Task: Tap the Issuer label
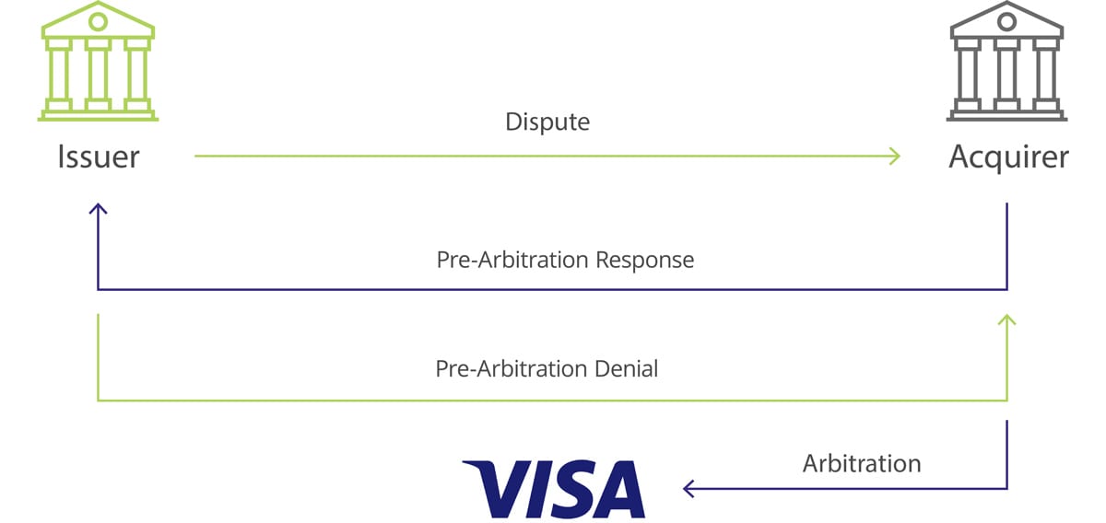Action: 99,157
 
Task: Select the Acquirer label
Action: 1008,157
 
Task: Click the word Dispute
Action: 547,122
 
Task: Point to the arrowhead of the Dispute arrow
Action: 899,156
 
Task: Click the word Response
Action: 644,261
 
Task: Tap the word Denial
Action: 626,368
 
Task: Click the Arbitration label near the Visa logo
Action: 862,464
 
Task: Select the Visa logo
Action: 554,489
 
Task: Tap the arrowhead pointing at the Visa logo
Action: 686,488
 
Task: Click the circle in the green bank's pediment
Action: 98,21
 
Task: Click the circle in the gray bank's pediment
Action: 1006,21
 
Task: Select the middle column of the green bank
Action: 98,75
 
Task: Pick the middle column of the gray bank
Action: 1006,75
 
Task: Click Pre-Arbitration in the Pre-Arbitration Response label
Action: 512,260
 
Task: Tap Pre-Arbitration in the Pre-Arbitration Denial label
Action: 512,368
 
